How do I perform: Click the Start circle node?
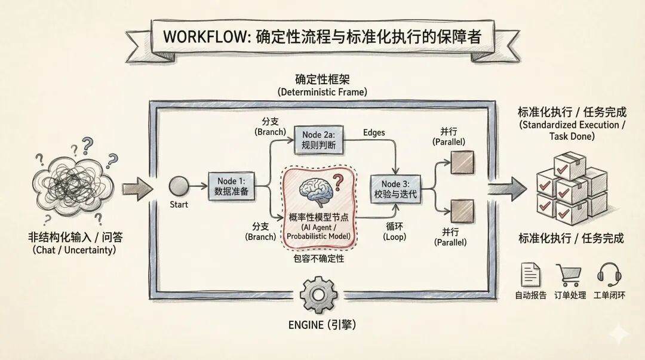point(178,186)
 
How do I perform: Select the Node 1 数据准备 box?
point(235,186)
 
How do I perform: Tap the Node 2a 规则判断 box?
point(320,140)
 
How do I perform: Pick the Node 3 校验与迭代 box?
point(395,188)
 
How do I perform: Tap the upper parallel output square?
point(462,162)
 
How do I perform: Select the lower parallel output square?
point(462,211)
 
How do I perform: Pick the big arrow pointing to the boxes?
point(507,189)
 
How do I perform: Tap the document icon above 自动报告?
point(530,275)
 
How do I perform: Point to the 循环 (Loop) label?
point(394,232)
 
